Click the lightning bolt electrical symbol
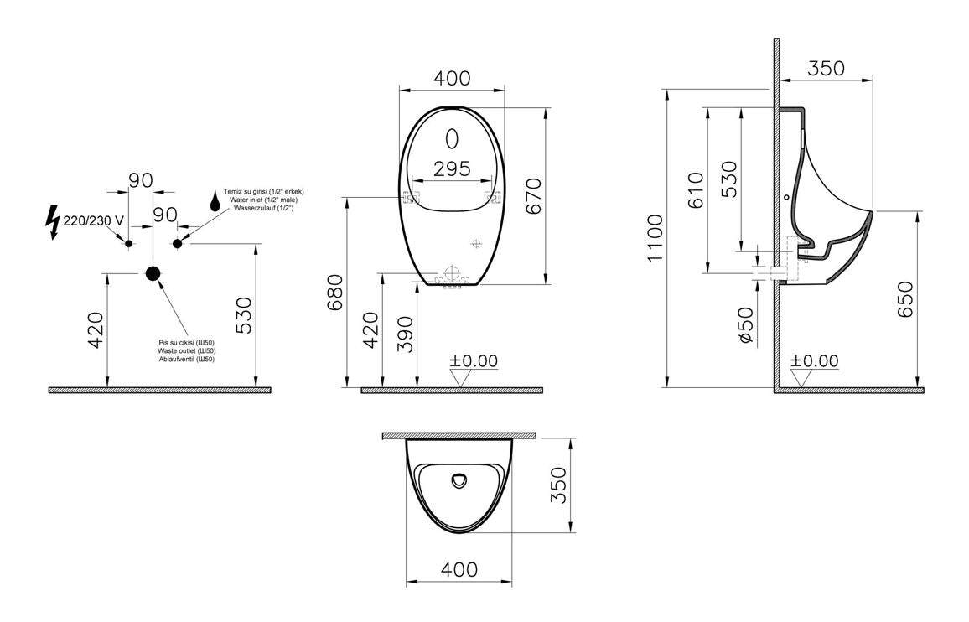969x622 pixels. tap(54, 223)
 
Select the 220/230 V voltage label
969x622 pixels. tap(93, 220)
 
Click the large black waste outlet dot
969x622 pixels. tap(153, 273)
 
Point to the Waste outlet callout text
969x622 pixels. tap(186, 350)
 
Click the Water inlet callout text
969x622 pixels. tap(263, 200)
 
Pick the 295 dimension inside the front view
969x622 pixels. tap(452, 168)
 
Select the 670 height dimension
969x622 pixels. tap(533, 196)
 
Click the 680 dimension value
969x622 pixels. tap(335, 293)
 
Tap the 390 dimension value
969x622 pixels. tap(404, 334)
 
